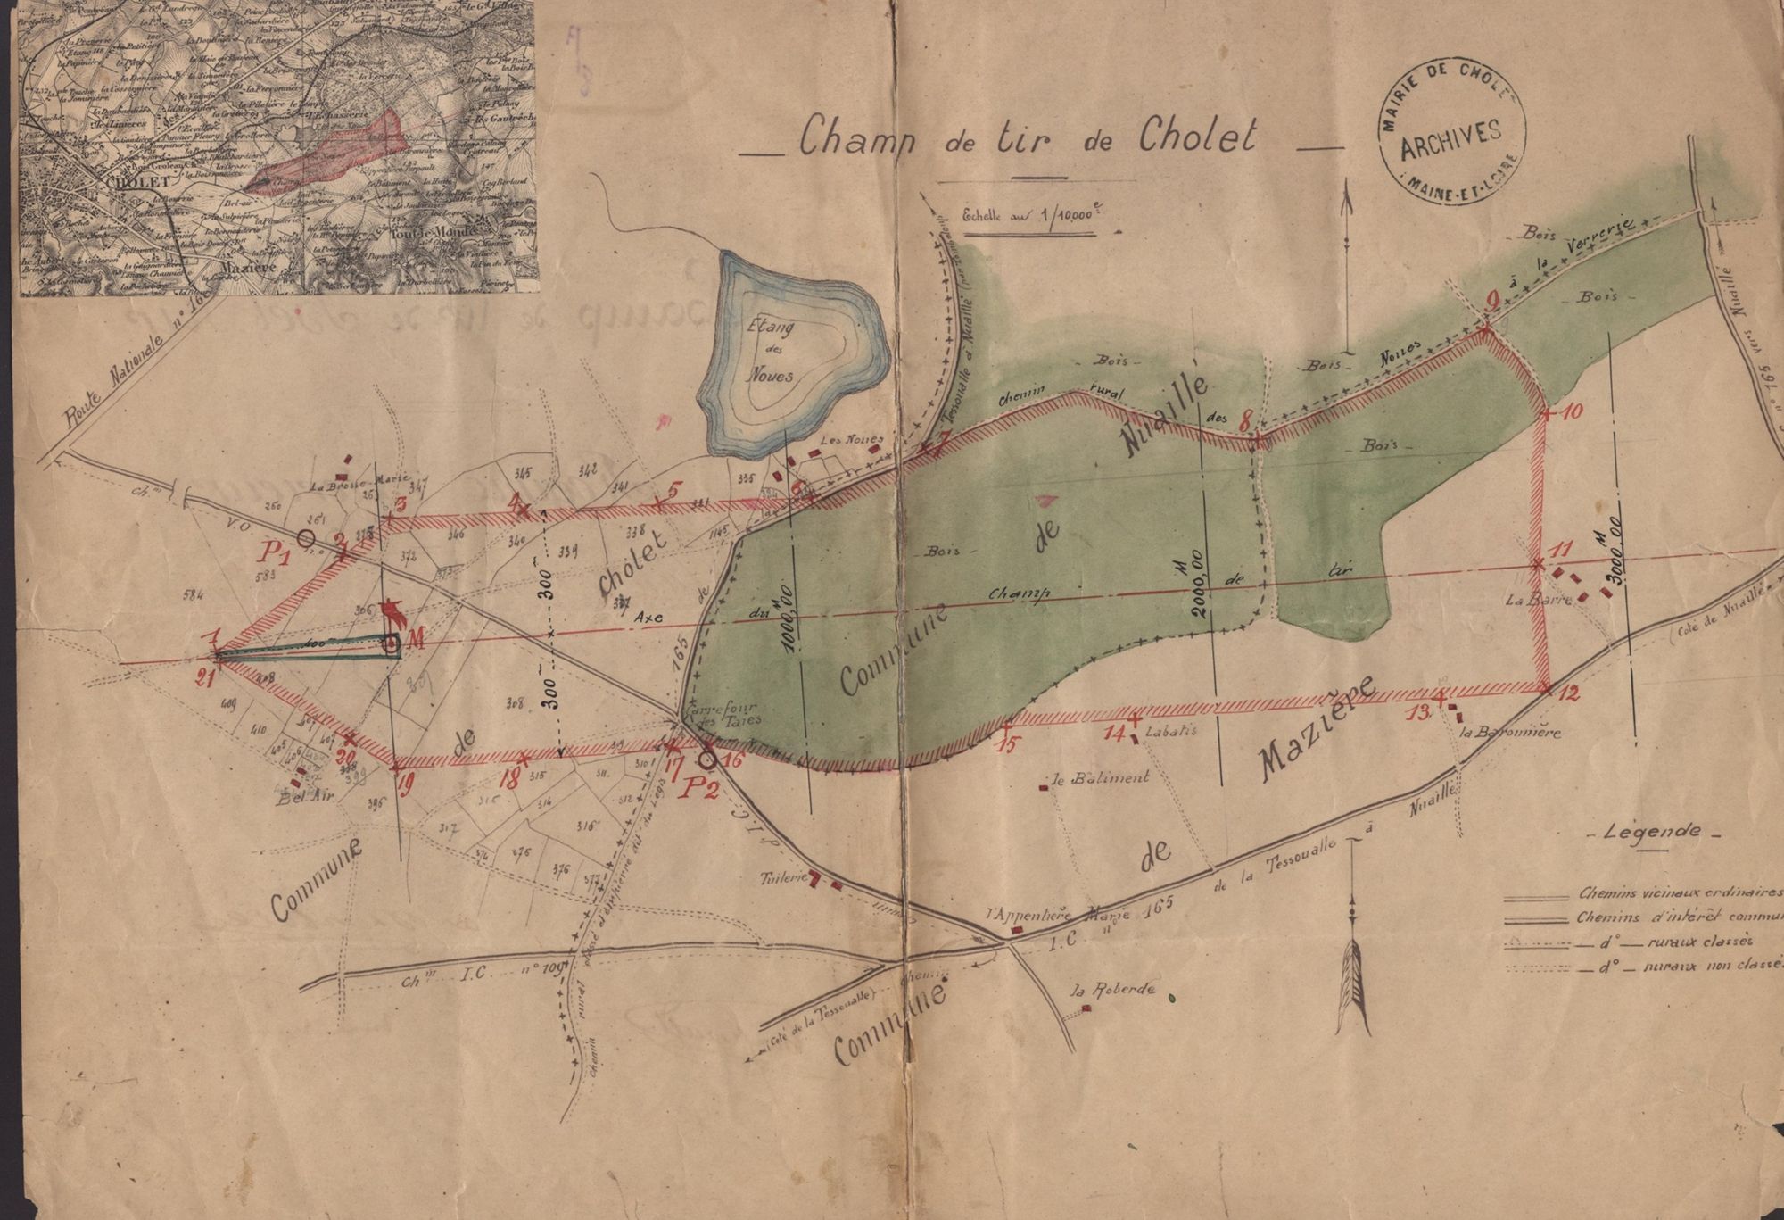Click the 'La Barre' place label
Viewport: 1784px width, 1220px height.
[1524, 601]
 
